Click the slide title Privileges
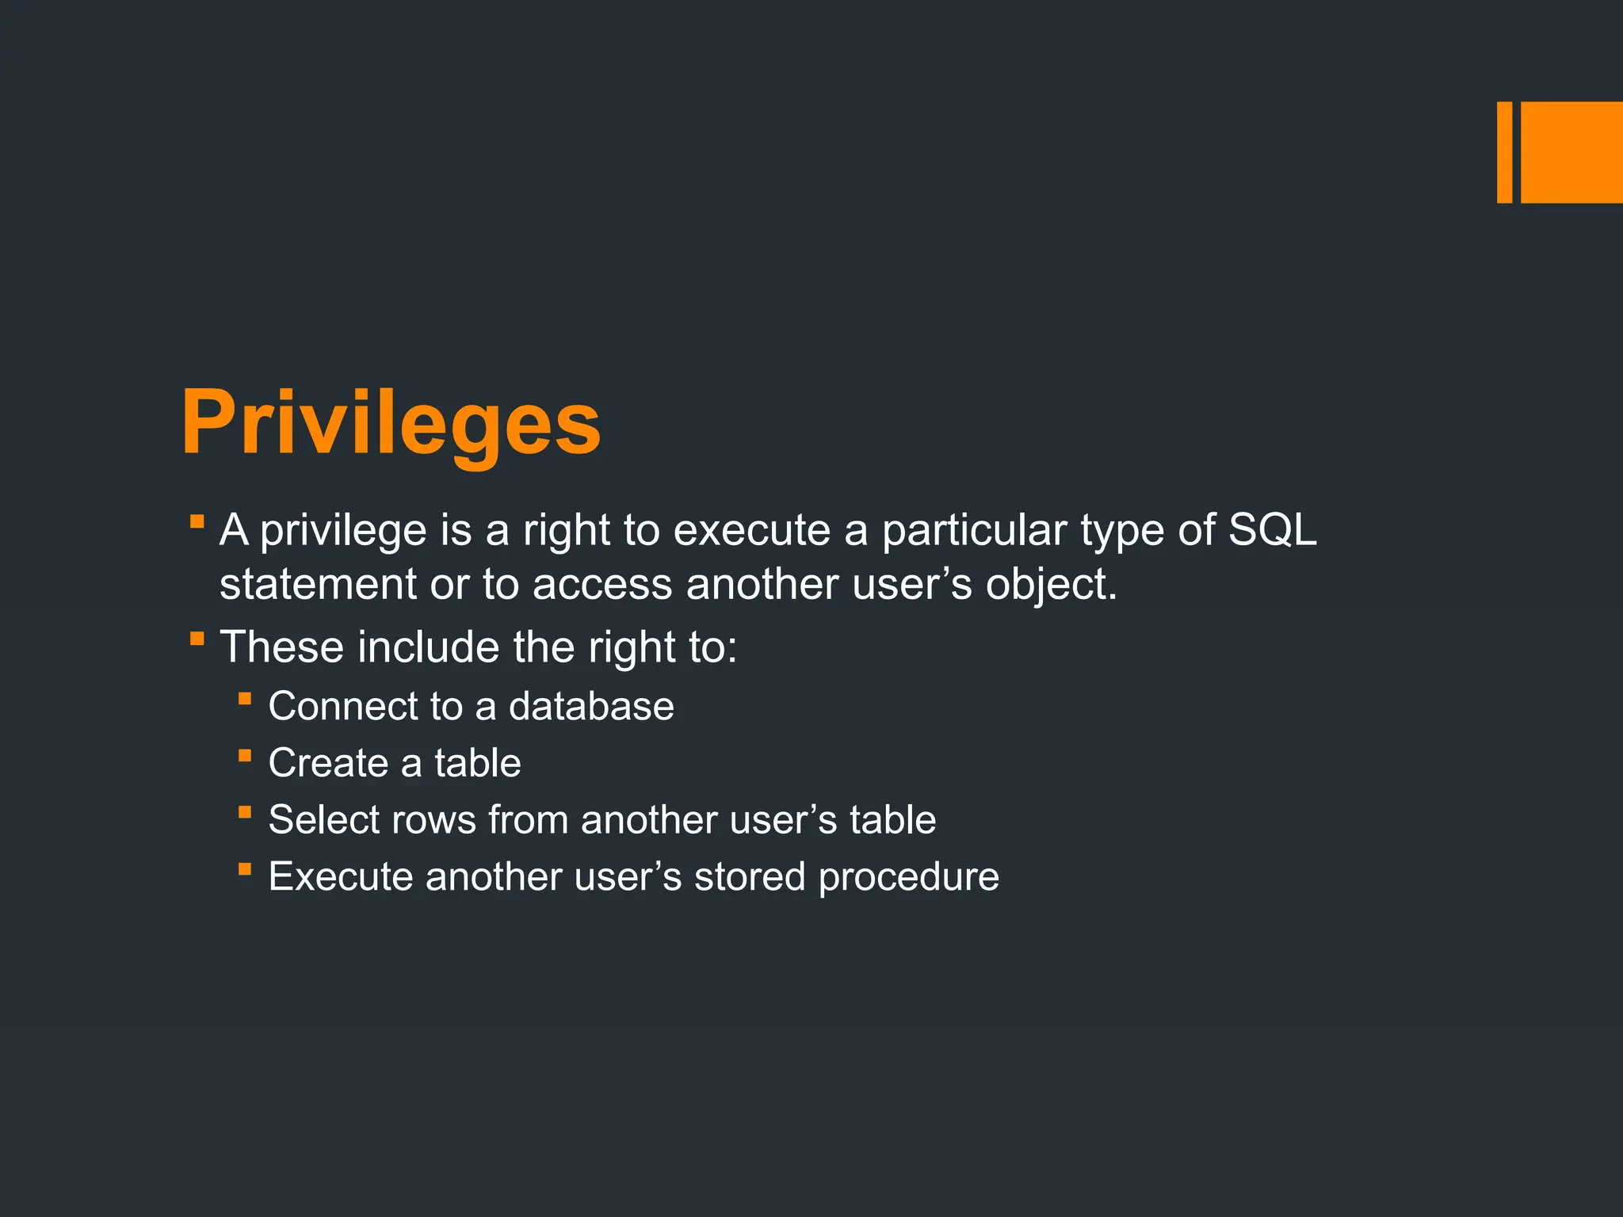pos(391,424)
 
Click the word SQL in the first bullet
pos(1272,529)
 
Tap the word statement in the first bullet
pos(317,585)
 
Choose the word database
pos(591,706)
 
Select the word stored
pos(749,876)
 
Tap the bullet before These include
pos(197,638)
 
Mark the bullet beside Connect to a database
pos(245,699)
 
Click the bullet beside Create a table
pos(245,756)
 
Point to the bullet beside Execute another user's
pos(245,870)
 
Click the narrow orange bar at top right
pos(1504,152)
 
